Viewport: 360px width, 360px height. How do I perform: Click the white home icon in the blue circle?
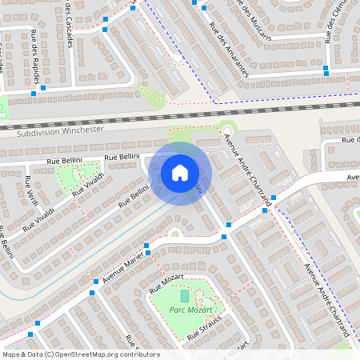click(x=179, y=172)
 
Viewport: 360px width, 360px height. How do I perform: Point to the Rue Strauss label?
click(x=204, y=330)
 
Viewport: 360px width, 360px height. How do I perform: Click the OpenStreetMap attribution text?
click(x=81, y=354)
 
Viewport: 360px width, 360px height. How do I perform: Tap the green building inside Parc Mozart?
click(x=185, y=296)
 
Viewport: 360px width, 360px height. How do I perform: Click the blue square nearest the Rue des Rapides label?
click(x=33, y=94)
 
